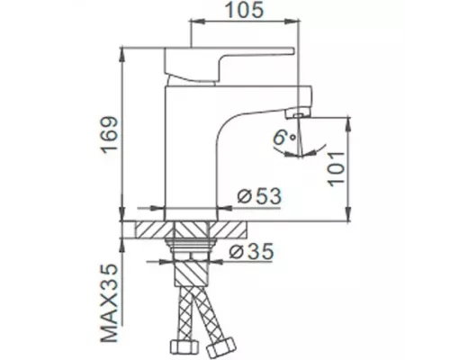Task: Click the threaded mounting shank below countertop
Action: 191,252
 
